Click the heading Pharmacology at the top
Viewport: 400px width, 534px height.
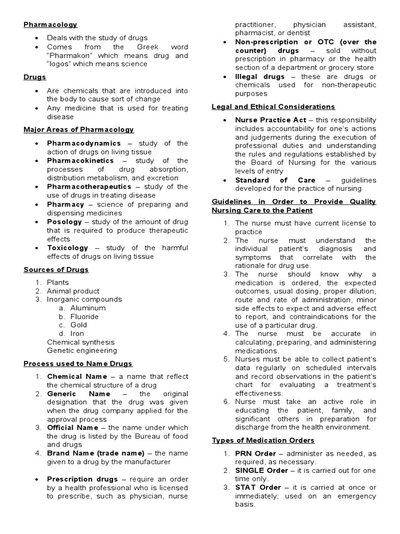[x=51, y=25]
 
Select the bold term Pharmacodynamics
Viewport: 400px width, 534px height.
[x=84, y=143]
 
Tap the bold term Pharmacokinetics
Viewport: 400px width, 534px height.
[x=81, y=161]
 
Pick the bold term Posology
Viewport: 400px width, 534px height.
[x=65, y=222]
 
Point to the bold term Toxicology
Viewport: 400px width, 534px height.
[x=68, y=248]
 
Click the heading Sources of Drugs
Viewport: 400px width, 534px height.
[x=56, y=270]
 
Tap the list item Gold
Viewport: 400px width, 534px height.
[x=79, y=325]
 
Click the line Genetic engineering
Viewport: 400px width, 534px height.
[x=82, y=350]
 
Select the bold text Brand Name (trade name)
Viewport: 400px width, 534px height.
[x=98, y=453]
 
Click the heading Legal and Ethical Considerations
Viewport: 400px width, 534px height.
[x=273, y=107]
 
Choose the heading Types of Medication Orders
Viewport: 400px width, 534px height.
[x=263, y=440]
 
